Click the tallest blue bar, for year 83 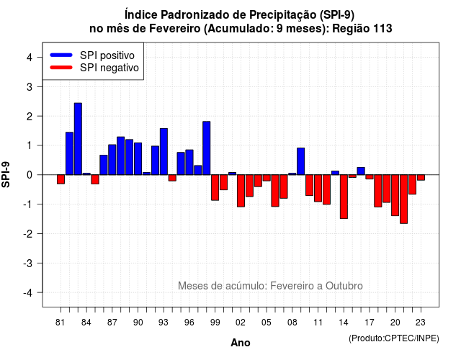78,139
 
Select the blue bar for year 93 164,152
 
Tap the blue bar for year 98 207,148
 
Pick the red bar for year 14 344,197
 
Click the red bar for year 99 215,187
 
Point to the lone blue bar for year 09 301,161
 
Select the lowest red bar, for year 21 403,199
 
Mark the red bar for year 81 61,179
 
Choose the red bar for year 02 241,191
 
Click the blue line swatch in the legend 61,55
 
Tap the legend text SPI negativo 109,68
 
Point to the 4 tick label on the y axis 30,58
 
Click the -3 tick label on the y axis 28,264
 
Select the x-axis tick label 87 112,323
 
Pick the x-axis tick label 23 421,323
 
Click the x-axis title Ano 241,343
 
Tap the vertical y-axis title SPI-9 6,174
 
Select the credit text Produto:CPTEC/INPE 394,338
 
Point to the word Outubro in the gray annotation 344,286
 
